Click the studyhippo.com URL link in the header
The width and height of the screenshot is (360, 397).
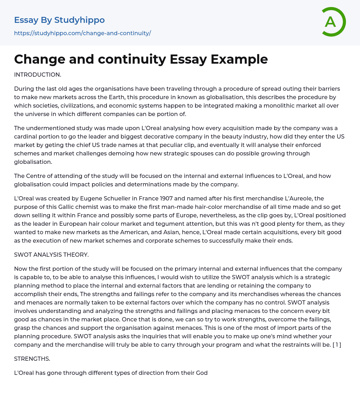(x=82, y=33)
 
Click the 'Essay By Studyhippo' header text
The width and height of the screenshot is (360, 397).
(x=59, y=20)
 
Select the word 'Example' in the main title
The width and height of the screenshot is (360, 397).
(x=239, y=59)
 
